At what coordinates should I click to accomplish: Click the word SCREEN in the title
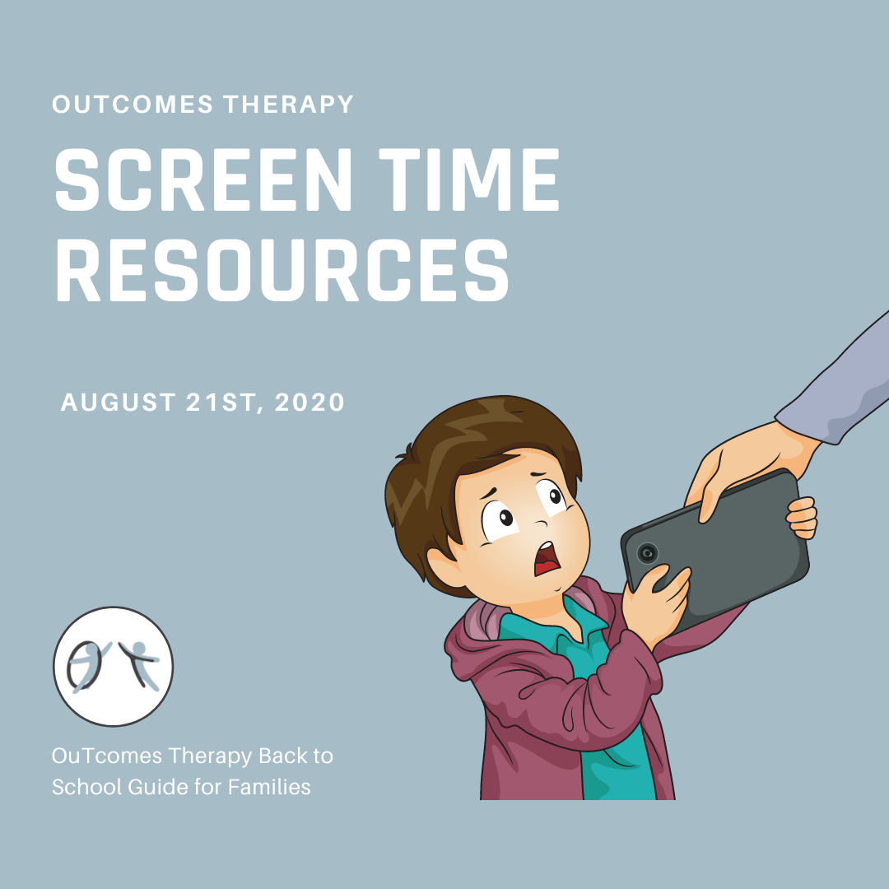(x=203, y=179)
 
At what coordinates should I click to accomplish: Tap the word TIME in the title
(x=469, y=179)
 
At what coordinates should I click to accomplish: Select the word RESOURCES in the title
(x=282, y=270)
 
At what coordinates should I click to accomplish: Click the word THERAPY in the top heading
(x=289, y=105)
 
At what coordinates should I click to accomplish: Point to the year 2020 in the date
(x=310, y=402)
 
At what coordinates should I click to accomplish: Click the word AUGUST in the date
(x=118, y=402)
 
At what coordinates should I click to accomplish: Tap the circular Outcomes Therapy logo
(x=114, y=666)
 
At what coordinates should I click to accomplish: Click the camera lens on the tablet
(x=647, y=553)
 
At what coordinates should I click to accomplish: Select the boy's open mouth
(x=546, y=559)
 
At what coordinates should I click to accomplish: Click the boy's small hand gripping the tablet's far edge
(x=802, y=518)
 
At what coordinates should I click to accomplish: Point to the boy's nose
(x=542, y=522)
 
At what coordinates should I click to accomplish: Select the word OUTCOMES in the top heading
(x=133, y=105)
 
